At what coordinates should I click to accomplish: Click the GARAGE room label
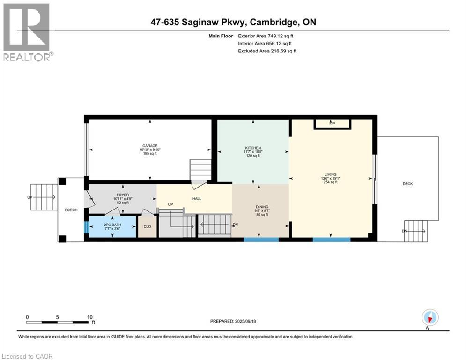coord(150,145)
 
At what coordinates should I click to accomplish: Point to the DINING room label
coord(262,206)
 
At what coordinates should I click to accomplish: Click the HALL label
coord(197,199)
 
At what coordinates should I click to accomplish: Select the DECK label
coord(407,184)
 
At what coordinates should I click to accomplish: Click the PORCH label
coord(71,210)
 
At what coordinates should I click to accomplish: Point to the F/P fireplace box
coord(332,123)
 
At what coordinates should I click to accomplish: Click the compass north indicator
coord(429,318)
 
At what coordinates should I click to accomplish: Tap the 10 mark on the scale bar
coord(90,317)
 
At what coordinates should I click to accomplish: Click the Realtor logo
coord(27,32)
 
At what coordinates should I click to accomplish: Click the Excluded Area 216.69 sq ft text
coord(267,51)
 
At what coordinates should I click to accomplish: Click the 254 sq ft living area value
coord(330,182)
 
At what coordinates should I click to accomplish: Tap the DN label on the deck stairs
coord(404,231)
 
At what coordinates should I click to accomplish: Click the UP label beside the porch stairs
coord(30,197)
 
